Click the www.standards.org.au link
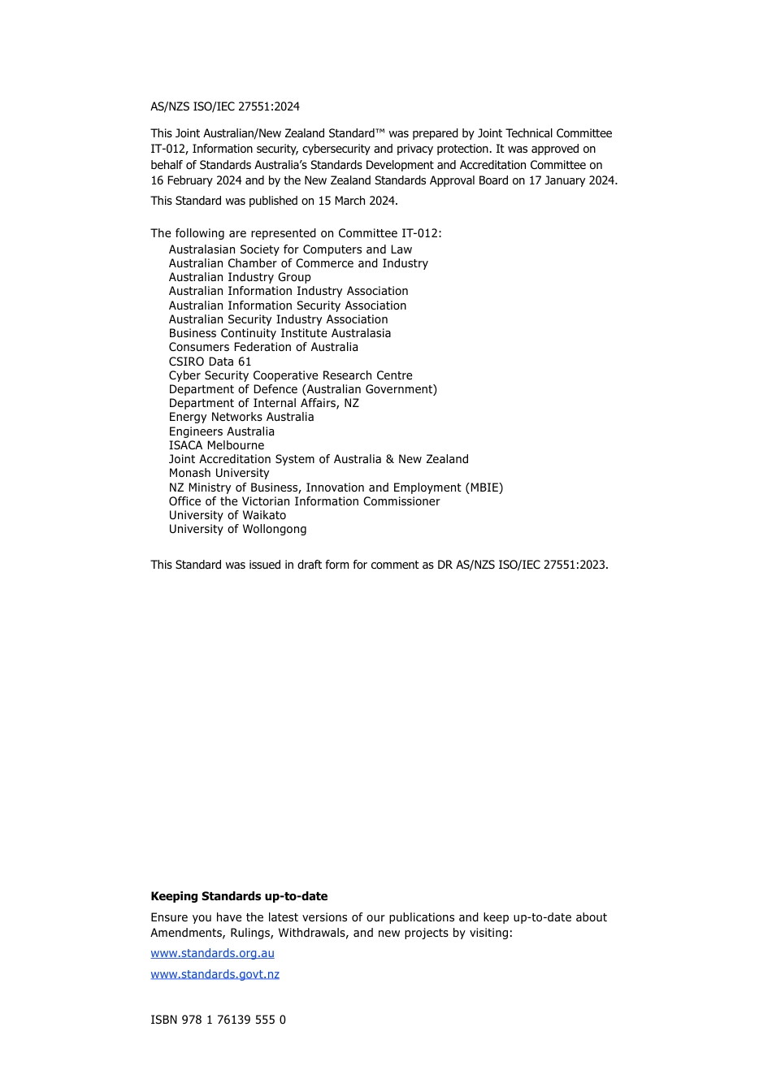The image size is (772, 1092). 212,953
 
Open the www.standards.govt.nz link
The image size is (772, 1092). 215,974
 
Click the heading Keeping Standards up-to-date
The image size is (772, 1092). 239,896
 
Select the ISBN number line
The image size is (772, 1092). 218,1020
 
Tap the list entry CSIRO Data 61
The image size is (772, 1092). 210,362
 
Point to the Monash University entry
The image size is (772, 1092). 219,473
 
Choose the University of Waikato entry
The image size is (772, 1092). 228,515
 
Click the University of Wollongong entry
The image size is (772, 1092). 237,529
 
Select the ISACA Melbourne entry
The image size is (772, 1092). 216,445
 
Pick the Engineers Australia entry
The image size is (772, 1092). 221,431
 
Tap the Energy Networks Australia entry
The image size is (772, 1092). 241,417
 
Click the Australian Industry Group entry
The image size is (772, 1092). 240,277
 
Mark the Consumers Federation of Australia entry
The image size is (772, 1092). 263,347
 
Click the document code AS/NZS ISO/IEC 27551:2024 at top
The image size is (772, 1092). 225,106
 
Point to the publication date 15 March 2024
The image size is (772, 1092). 357,201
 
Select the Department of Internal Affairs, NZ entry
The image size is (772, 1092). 263,403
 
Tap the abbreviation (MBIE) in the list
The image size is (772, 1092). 484,487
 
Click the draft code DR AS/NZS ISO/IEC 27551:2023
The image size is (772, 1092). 522,565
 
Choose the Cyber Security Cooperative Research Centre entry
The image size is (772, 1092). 290,375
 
